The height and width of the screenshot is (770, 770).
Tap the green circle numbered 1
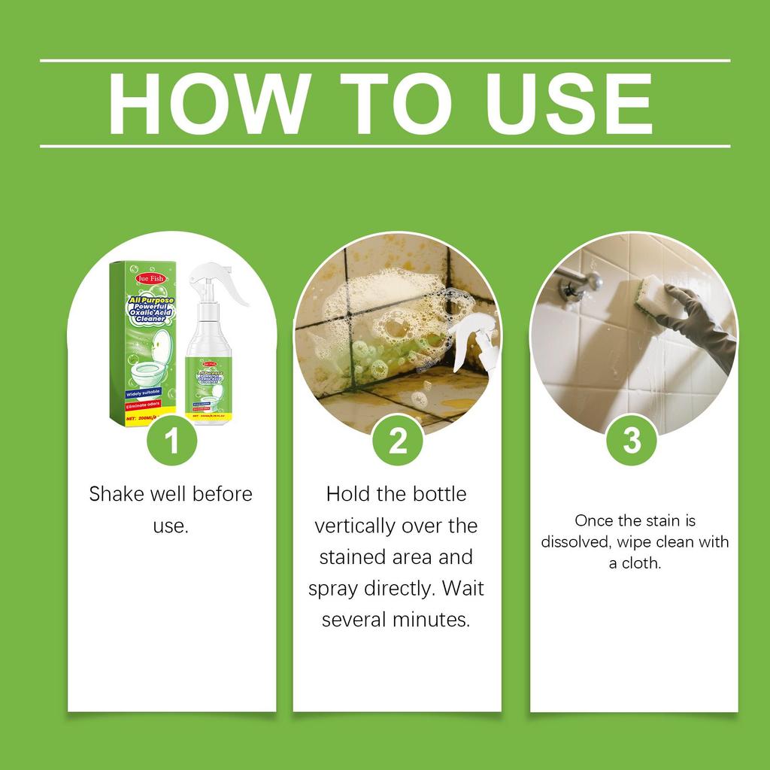point(171,441)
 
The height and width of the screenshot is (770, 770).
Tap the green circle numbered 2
point(398,441)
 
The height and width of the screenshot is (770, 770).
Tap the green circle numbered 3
point(632,441)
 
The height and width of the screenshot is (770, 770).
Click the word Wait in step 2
point(462,589)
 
